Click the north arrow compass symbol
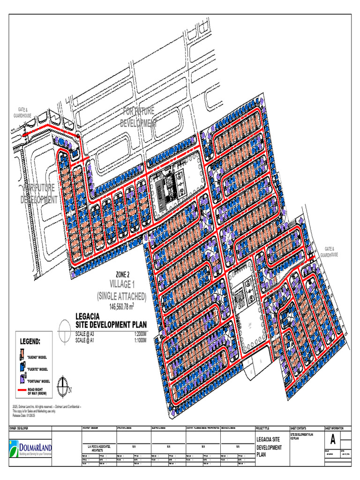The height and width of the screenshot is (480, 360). coord(61,387)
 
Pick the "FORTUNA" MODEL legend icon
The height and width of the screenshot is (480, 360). coord(22,380)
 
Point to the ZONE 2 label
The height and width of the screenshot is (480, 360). coord(121,275)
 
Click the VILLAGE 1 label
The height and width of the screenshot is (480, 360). coord(121,284)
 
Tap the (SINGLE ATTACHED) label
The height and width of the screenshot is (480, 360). coord(121,296)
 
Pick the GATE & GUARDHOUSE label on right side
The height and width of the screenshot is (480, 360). coord(329,252)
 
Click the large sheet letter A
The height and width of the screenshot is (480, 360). coord(333,440)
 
